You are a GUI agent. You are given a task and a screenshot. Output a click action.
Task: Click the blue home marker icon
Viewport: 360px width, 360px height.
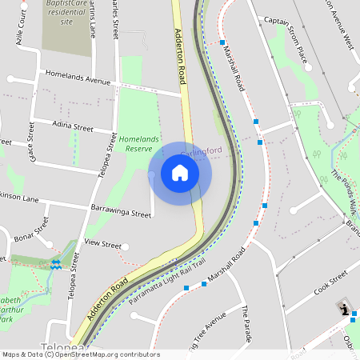(x=179, y=173)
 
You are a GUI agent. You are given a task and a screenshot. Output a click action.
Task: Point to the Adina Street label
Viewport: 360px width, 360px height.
(x=72, y=127)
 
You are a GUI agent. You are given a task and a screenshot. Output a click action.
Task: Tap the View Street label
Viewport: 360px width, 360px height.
(x=102, y=244)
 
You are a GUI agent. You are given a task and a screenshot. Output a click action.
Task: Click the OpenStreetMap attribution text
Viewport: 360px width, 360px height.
(x=80, y=354)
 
